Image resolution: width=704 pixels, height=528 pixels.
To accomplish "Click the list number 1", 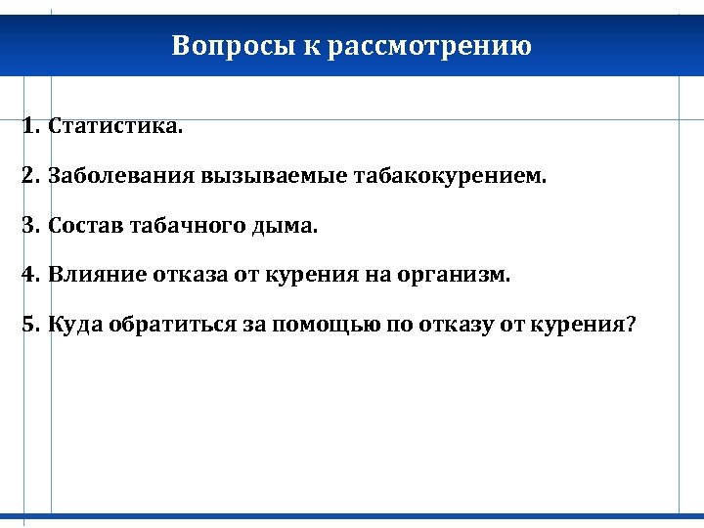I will pos(30,127).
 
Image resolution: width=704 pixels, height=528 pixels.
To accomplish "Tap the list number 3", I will pos(30,226).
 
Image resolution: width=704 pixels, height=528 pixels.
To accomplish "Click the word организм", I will pos(454,275).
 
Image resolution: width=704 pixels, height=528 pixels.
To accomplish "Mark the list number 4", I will pos(30,275).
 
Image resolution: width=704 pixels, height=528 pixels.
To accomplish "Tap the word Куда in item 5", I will pos(72,325).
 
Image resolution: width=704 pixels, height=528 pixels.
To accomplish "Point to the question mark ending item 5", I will pos(630,325).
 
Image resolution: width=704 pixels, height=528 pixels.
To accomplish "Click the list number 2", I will pos(30,177).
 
